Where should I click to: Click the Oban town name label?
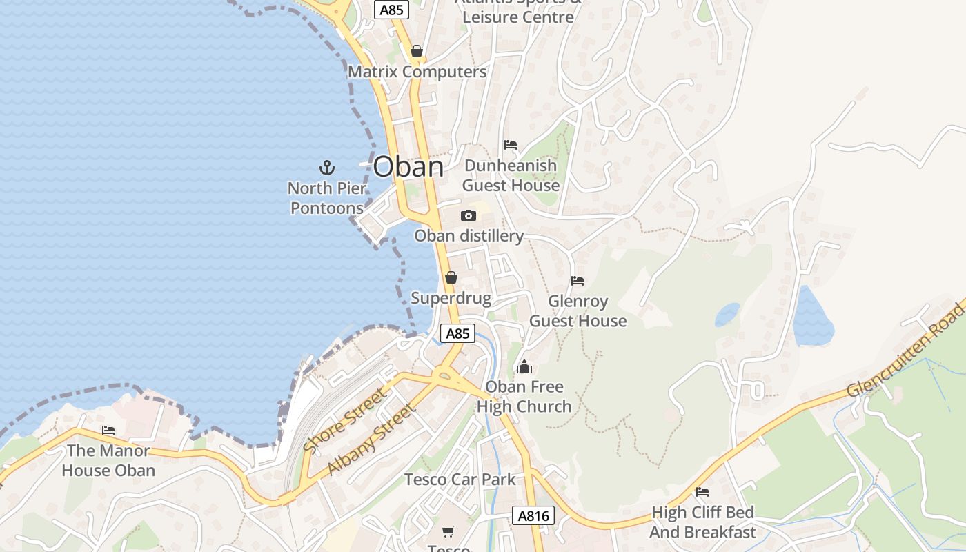[x=408, y=167]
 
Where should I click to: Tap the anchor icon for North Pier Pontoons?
[x=326, y=167]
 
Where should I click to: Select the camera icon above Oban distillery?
[x=469, y=216]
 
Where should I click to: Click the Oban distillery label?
[x=469, y=236]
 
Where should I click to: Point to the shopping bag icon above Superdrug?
[x=451, y=277]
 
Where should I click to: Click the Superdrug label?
[x=451, y=298]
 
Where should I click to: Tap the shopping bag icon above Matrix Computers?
[x=416, y=51]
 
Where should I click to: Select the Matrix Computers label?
[x=417, y=72]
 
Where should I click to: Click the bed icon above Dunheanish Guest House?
[x=511, y=145]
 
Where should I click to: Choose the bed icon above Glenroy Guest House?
[x=578, y=281]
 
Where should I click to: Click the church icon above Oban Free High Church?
[x=524, y=366]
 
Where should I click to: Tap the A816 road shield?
[x=533, y=515]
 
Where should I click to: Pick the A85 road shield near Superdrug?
[x=457, y=334]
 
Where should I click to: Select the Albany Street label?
[x=372, y=440]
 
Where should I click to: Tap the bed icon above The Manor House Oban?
[x=108, y=431]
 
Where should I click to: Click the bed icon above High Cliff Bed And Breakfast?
[x=702, y=492]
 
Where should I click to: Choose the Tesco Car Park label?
[x=460, y=479]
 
